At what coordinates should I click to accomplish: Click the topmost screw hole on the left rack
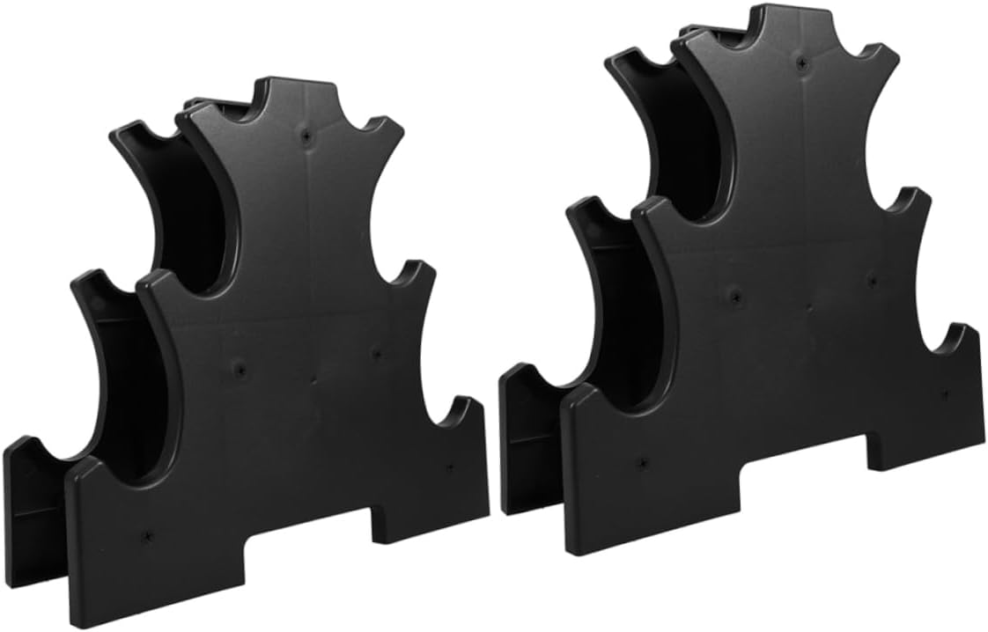click(x=306, y=137)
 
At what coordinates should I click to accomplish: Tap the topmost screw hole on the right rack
click(x=800, y=62)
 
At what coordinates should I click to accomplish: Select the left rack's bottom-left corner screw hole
click(x=146, y=533)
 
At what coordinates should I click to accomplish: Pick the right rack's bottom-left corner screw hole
click(x=642, y=460)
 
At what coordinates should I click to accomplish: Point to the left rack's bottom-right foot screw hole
click(x=449, y=467)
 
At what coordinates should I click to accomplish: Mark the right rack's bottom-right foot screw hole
click(x=944, y=393)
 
